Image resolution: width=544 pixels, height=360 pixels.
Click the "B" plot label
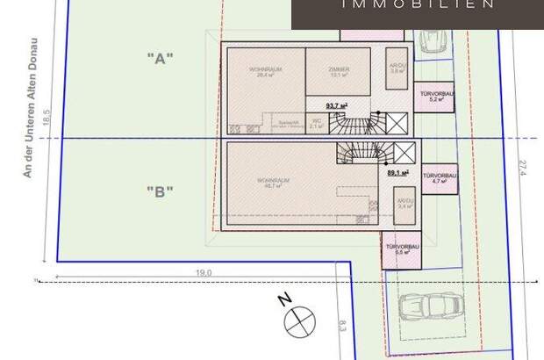pyautogui.click(x=161, y=191)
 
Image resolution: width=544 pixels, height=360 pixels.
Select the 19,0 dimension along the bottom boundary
pyautogui.click(x=204, y=274)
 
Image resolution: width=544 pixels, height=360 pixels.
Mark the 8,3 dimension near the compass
pyautogui.click(x=341, y=327)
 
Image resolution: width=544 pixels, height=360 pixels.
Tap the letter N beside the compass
pyautogui.click(x=284, y=300)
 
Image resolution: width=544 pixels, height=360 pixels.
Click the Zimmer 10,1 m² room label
pyautogui.click(x=339, y=72)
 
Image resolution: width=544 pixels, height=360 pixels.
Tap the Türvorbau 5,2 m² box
pyautogui.click(x=436, y=97)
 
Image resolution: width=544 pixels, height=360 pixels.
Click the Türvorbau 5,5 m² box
pyautogui.click(x=401, y=250)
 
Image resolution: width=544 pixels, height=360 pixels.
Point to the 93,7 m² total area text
pyautogui.click(x=337, y=105)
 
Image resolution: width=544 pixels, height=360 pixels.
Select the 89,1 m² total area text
pyautogui.click(x=399, y=173)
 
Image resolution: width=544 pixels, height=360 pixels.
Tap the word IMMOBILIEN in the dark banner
pyautogui.click(x=416, y=5)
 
